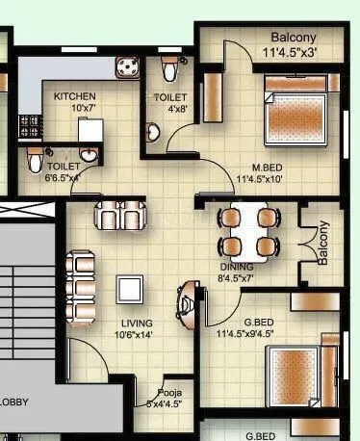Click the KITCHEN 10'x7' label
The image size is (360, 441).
coord(73,102)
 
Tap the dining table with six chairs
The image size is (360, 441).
coord(247,231)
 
